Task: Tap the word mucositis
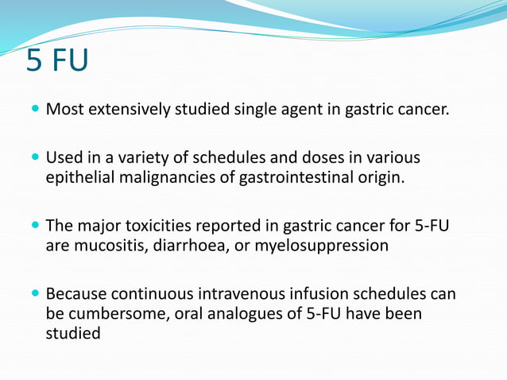pyautogui.click(x=106, y=245)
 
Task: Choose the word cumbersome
pyautogui.click(x=112, y=314)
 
